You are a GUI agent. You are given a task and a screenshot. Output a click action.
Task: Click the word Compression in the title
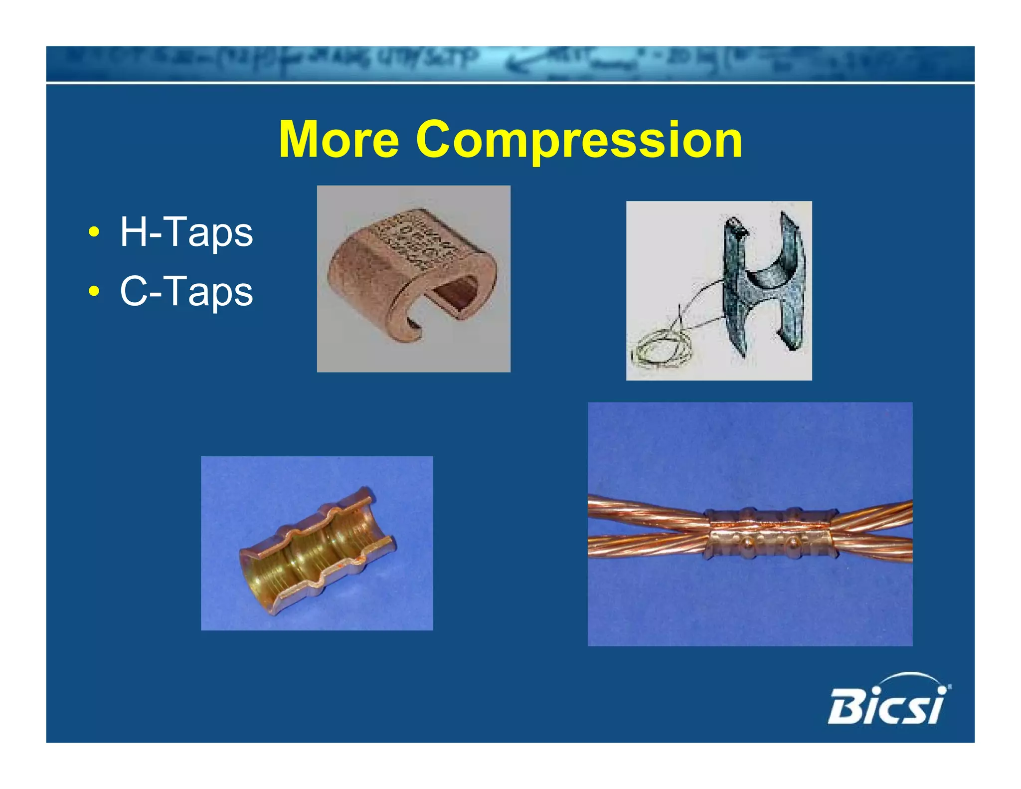click(x=579, y=140)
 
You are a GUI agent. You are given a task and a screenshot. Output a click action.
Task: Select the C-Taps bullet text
click(x=186, y=291)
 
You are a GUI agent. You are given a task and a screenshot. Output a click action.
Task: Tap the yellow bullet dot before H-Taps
click(x=93, y=232)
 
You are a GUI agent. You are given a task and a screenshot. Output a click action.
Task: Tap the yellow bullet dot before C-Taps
click(x=93, y=292)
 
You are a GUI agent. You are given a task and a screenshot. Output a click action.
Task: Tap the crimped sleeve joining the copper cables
click(x=768, y=534)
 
